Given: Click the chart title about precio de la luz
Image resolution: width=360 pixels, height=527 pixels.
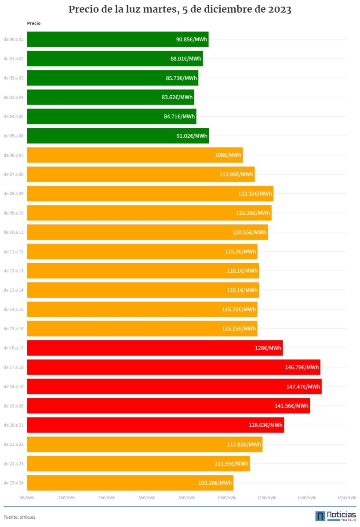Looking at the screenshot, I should pos(180,10).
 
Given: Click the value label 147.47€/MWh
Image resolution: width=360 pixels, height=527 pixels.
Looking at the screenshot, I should pos(303,386).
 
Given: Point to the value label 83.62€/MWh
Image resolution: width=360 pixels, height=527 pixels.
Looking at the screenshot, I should pos(177,97).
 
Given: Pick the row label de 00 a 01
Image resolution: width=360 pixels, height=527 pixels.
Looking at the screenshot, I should pos(13,39).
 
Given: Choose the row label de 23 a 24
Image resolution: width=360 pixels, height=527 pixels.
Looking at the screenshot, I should pos(13,483).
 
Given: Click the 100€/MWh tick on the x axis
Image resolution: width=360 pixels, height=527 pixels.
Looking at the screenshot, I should pos(228,498).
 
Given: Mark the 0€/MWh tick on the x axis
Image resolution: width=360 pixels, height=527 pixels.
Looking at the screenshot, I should pos(27,498).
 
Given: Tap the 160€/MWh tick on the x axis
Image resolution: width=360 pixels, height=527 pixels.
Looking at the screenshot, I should pos(346,498).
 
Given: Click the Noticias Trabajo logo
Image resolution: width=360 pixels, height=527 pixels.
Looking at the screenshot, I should pos(335,516).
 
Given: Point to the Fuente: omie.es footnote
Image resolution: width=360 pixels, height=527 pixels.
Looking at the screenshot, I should pos(19,517).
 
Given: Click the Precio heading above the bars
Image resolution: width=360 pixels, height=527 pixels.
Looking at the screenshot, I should pos(33,23).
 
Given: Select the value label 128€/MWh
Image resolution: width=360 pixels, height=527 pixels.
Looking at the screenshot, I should pos(268,348).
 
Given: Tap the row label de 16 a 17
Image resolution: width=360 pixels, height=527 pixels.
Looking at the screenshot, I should pos(13,348).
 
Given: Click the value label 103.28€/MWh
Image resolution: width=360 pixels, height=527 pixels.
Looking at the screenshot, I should pos(215,483).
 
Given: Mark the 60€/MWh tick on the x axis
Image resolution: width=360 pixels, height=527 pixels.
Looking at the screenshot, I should pos(147,498).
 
